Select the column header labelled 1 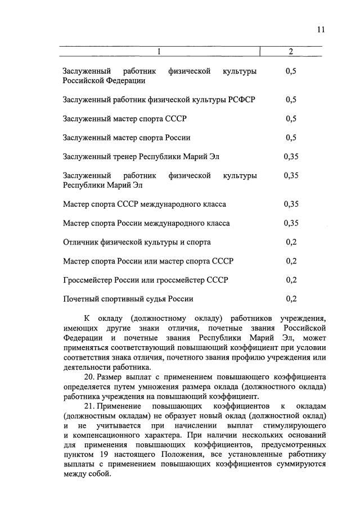point(159,52)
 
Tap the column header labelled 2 point(291,52)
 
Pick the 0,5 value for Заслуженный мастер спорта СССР point(291,119)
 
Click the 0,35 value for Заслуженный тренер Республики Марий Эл point(291,157)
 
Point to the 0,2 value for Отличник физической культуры point(291,242)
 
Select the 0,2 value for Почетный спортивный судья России point(291,299)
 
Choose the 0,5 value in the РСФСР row point(291,99)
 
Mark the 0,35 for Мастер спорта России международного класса point(291,223)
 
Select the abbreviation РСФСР point(242,99)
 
